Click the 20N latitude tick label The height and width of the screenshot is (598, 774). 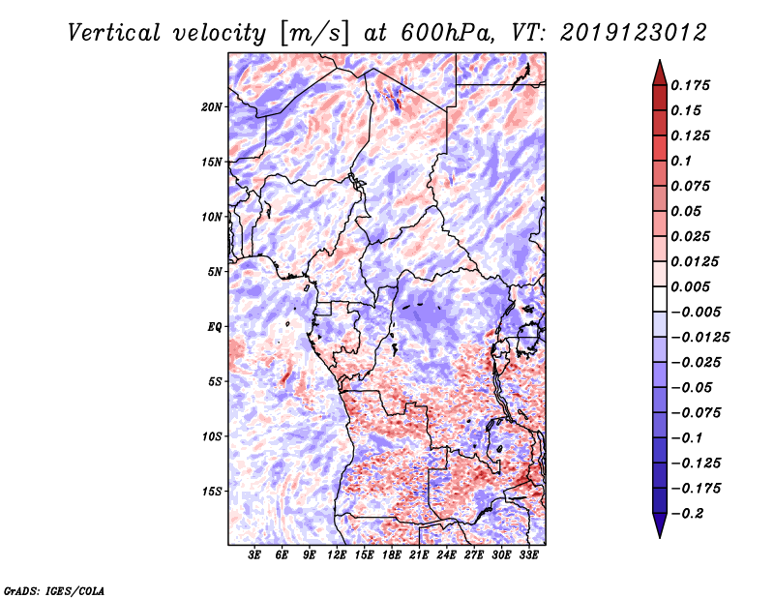coord(212,106)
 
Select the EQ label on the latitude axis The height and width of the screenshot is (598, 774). coord(214,327)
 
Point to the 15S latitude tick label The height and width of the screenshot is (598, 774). coord(212,492)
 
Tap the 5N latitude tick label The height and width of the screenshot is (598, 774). coord(215,272)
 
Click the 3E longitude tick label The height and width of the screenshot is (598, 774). coord(255,555)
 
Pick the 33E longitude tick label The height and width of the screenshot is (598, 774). coord(529,555)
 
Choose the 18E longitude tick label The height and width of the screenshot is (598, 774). coord(392,555)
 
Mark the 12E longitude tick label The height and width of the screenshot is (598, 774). coord(338,555)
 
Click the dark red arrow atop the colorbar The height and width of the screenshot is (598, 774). coord(659,71)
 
